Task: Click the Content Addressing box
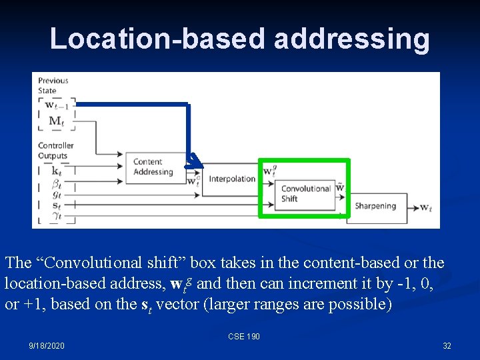coord(153,167)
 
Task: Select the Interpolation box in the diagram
coord(231,179)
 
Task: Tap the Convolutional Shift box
coord(305,193)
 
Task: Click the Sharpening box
coord(375,206)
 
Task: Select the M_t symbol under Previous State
coord(57,121)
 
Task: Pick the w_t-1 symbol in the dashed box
coord(57,105)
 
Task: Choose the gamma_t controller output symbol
coord(56,215)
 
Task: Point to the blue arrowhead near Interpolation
coord(193,159)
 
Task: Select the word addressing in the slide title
coord(352,39)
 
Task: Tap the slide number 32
coord(447,346)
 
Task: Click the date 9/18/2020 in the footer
coord(47,346)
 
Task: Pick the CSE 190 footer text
coord(243,337)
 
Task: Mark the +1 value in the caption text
coord(34,304)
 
